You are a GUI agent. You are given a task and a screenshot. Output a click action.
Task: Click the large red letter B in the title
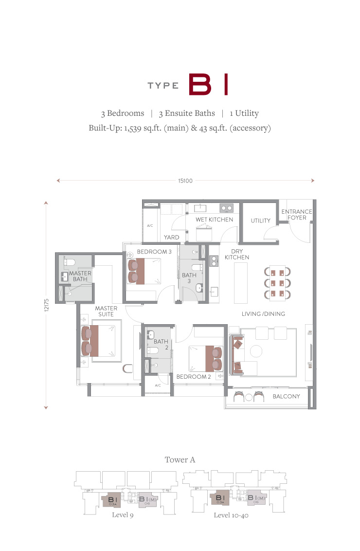click(x=200, y=84)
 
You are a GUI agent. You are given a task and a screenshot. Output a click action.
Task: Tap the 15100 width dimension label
click(x=185, y=181)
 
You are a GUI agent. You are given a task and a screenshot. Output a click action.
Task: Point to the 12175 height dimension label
click(x=47, y=305)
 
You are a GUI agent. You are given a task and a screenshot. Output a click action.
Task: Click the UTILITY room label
click(x=261, y=220)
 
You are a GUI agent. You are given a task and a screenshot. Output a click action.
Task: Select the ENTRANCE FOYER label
click(x=297, y=214)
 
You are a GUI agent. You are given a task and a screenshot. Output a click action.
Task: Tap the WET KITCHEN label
click(x=214, y=219)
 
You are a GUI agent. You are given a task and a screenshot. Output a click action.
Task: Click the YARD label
click(x=171, y=237)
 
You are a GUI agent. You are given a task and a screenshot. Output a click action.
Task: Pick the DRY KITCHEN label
click(x=237, y=254)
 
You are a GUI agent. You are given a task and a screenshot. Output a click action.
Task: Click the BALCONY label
click(x=286, y=396)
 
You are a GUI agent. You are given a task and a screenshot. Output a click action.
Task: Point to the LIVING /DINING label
click(x=263, y=314)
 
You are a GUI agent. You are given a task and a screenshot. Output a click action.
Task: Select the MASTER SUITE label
click(x=106, y=311)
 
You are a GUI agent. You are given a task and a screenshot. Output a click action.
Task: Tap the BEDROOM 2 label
click(x=194, y=376)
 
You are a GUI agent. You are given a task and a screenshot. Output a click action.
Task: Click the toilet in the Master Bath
click(x=69, y=261)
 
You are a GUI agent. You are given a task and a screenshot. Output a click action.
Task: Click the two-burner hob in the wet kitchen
click(x=227, y=208)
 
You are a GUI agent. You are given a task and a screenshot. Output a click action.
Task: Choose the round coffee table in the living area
click(x=256, y=351)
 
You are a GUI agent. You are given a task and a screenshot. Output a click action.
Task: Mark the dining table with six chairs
click(x=277, y=283)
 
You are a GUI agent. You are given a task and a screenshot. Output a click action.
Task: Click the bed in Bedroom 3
click(x=144, y=271)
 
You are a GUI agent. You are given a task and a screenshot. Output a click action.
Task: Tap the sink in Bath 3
click(x=199, y=288)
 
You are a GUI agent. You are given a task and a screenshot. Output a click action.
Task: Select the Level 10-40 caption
click(x=231, y=515)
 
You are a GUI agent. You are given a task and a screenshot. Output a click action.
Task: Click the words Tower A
click(x=180, y=459)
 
